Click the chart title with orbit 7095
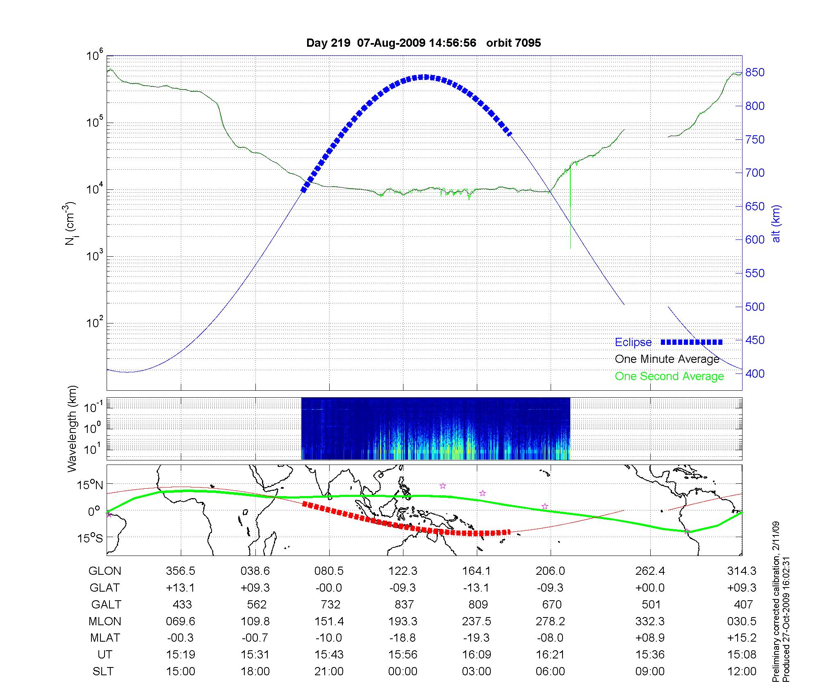tap(424, 43)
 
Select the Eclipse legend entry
tap(633, 342)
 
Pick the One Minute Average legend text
tap(667, 359)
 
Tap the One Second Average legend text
tap(669, 376)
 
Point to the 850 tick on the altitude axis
tap(755, 73)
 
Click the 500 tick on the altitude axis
tap(755, 307)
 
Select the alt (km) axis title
tap(776, 223)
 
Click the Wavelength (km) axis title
tap(73, 428)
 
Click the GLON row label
tap(105, 571)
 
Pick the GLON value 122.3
tap(403, 571)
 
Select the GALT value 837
tap(404, 605)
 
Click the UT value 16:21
tap(550, 655)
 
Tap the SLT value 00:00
tap(403, 672)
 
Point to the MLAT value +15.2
tap(742, 638)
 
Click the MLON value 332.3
tap(650, 622)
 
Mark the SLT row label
tap(103, 672)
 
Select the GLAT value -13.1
tap(476, 588)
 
